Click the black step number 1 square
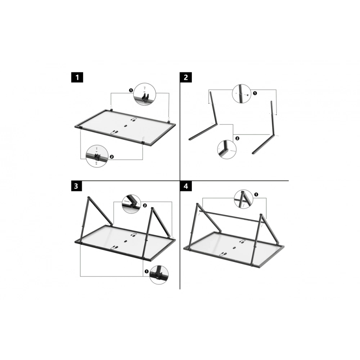pyautogui.click(x=77, y=77)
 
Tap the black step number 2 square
pyautogui.click(x=186, y=77)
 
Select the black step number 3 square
pyautogui.click(x=76, y=186)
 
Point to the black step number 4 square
pyautogui.click(x=186, y=186)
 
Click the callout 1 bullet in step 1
pyautogui.click(x=131, y=90)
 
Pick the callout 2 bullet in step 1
pyautogui.click(x=112, y=157)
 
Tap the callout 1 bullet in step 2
pyautogui.click(x=255, y=93)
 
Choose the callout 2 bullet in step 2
pyautogui.click(x=237, y=138)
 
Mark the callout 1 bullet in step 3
pyautogui.click(x=147, y=271)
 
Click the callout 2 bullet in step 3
pyautogui.click(x=145, y=206)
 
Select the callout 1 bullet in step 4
pyautogui.click(x=256, y=194)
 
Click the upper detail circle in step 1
pyautogui.click(x=145, y=94)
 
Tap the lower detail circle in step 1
pyautogui.click(x=97, y=156)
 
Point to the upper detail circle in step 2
pyautogui.click(x=242, y=94)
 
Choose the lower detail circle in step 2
pyautogui.click(x=226, y=149)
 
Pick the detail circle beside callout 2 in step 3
pyautogui.click(x=131, y=204)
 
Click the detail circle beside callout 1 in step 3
pyautogui.click(x=159, y=275)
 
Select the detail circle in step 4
pyautogui.click(x=243, y=199)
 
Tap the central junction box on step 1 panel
pyautogui.click(x=126, y=126)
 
